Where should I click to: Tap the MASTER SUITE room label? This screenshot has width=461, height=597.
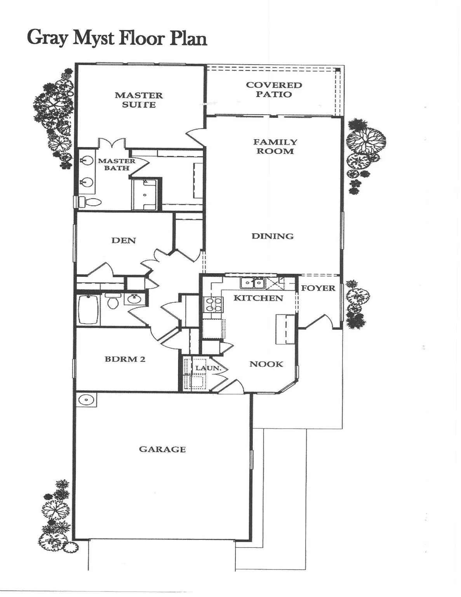pyautogui.click(x=139, y=100)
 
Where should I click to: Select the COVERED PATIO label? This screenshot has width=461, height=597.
pyautogui.click(x=274, y=89)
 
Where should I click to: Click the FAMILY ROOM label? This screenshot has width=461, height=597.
pyautogui.click(x=275, y=147)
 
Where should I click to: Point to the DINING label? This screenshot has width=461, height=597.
pyautogui.click(x=272, y=236)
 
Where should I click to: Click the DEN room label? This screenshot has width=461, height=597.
pyautogui.click(x=124, y=241)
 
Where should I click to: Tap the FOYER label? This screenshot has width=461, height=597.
pyautogui.click(x=318, y=288)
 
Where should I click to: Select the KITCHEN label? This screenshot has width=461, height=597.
pyautogui.click(x=258, y=298)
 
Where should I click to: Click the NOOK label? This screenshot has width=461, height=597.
pyautogui.click(x=266, y=364)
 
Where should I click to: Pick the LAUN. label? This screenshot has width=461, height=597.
pyautogui.click(x=208, y=368)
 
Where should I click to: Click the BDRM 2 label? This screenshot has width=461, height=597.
pyautogui.click(x=125, y=359)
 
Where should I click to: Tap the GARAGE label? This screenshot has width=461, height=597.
pyautogui.click(x=162, y=449)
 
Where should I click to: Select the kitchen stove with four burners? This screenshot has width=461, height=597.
pyautogui.click(x=213, y=304)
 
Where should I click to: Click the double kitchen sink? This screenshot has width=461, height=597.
pyautogui.click(x=252, y=283)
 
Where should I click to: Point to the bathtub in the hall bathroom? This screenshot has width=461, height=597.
pyautogui.click(x=89, y=310)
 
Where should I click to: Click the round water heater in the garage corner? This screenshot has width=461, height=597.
pyautogui.click(x=86, y=400)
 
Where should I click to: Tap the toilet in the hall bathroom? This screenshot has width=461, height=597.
pyautogui.click(x=113, y=302)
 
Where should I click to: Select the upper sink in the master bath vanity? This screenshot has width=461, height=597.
pyautogui.click(x=87, y=160)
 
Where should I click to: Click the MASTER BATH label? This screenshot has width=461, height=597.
pyautogui.click(x=116, y=164)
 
